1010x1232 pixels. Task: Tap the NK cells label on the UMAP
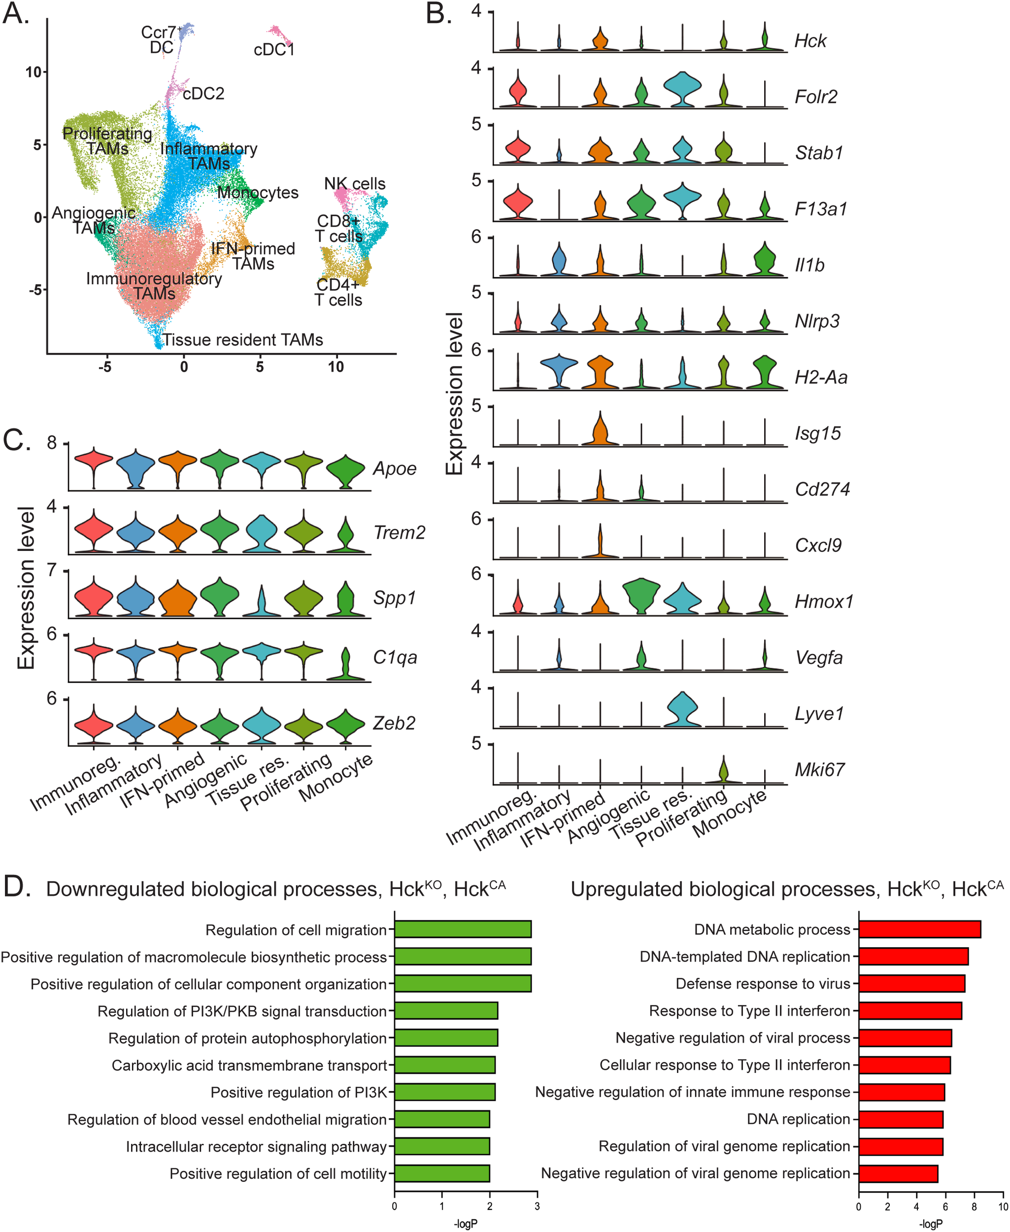pyautogui.click(x=354, y=184)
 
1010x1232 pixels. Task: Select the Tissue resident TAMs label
pyautogui.click(x=242, y=340)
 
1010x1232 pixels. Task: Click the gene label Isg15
pyautogui.click(x=818, y=434)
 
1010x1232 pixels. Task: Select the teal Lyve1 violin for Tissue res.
pyautogui.click(x=682, y=710)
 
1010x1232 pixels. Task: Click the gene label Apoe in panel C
pyautogui.click(x=395, y=469)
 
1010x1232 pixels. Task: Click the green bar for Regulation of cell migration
pyautogui.click(x=463, y=929)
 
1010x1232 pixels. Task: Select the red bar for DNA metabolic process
pyautogui.click(x=919, y=929)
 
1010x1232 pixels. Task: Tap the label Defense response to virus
pyautogui.click(x=763, y=984)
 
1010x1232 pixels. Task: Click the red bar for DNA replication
pyautogui.click(x=901, y=1119)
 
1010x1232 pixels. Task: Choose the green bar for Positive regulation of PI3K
pyautogui.click(x=444, y=1093)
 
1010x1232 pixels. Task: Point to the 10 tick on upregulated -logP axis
pyautogui.click(x=1003, y=1206)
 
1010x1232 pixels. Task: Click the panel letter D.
pyautogui.click(x=16, y=887)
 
